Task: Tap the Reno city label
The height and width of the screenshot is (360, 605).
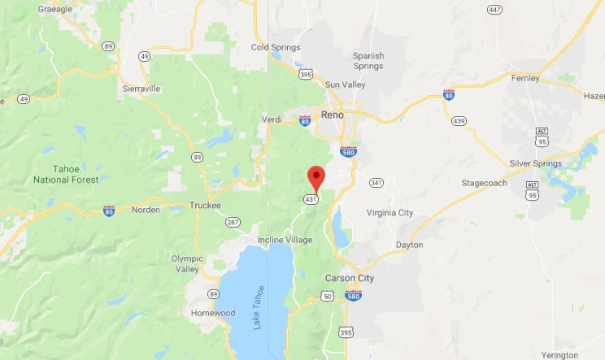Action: (332, 115)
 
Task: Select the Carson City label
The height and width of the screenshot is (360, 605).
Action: (350, 277)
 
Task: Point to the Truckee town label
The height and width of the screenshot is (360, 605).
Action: (205, 206)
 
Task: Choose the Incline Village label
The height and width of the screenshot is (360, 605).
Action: (285, 240)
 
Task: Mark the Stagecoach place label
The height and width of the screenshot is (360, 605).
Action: (484, 183)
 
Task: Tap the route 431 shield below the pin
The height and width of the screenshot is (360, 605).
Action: (311, 199)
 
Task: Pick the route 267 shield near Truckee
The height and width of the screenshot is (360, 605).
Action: (233, 222)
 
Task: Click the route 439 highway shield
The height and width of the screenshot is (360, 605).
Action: (459, 121)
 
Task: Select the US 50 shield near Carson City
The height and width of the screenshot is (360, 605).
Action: (328, 297)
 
